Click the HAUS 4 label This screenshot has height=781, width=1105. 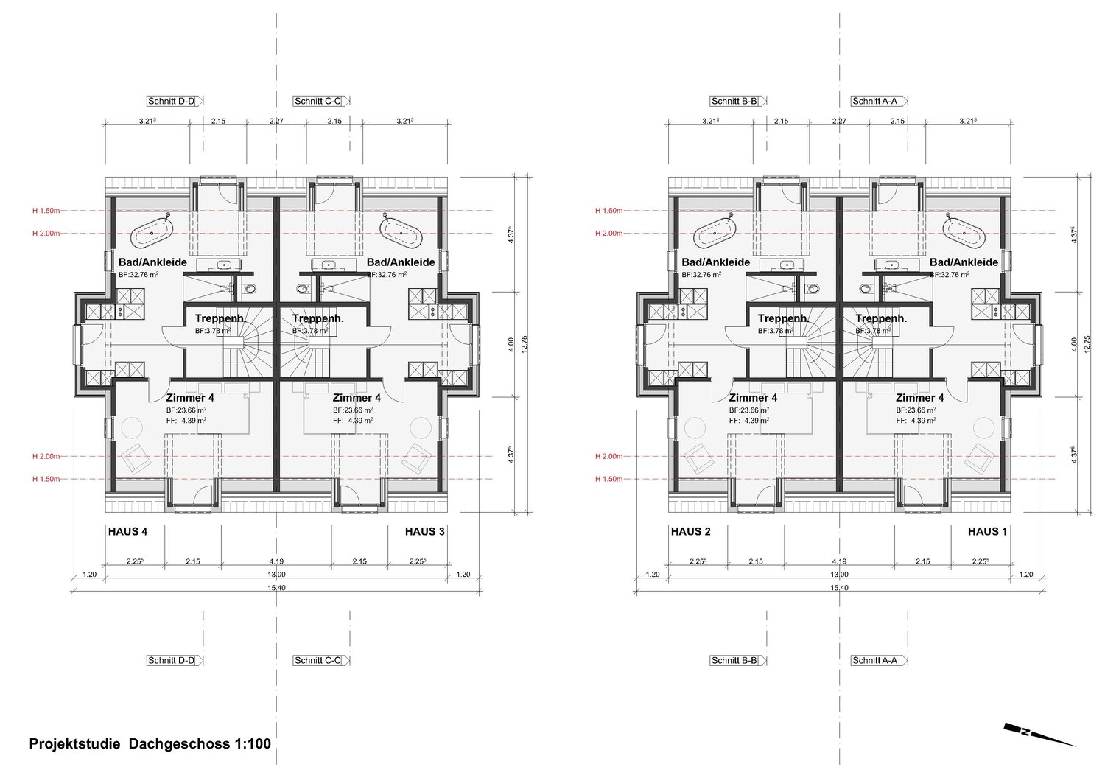(x=127, y=531)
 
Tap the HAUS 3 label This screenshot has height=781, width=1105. (x=424, y=531)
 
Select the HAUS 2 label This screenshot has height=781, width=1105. (x=690, y=531)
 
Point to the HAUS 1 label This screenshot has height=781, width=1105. (x=987, y=531)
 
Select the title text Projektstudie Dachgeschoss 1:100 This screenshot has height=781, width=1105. (x=150, y=743)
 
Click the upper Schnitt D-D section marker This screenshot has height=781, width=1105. (x=172, y=101)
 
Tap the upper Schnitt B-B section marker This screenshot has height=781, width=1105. (x=734, y=101)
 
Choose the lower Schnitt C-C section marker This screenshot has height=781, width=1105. (x=318, y=660)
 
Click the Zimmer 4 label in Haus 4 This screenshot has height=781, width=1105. (x=190, y=398)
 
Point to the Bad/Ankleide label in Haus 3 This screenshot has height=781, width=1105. (x=401, y=262)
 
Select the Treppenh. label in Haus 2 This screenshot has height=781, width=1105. (x=784, y=318)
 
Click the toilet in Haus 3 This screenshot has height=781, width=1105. (x=301, y=289)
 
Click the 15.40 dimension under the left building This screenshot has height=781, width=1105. (x=276, y=587)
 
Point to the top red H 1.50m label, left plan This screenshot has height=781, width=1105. (x=46, y=211)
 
